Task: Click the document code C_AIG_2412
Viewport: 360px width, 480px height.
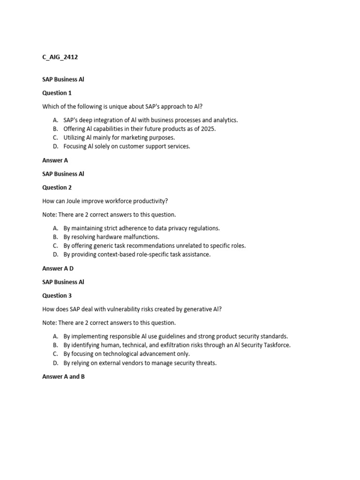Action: click(60, 57)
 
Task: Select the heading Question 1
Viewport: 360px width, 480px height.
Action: click(57, 93)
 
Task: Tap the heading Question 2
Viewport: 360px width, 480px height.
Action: click(57, 187)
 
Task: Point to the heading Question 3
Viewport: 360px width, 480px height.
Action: click(57, 296)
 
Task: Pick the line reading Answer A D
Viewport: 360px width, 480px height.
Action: click(58, 269)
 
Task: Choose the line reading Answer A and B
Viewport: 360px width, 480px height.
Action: click(63, 377)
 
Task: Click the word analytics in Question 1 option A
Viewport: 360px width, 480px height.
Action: click(224, 120)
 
